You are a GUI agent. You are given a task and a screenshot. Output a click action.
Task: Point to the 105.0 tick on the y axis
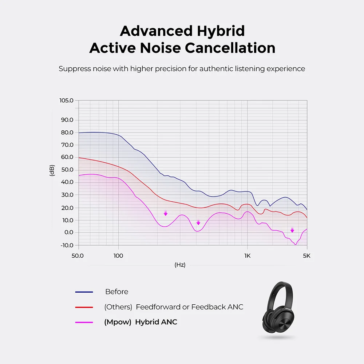67,100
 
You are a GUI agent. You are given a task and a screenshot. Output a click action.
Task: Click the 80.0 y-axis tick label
67,132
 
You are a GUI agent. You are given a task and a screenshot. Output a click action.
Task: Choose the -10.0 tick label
67,245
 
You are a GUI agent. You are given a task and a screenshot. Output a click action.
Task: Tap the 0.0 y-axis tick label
68,232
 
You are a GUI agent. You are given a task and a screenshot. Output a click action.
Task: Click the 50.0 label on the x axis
78,256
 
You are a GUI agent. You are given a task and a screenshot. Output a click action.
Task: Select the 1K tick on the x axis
247,256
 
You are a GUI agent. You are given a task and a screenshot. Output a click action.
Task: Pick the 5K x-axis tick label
307,256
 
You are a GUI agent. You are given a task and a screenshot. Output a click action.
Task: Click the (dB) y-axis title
52,171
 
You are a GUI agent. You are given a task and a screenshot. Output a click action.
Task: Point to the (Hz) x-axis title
180,265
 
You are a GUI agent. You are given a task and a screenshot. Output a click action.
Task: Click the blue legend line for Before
84,292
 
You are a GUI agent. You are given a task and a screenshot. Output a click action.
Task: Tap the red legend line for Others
84,307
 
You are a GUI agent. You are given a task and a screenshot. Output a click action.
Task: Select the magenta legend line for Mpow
84,322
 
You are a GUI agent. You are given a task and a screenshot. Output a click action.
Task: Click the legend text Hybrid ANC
156,322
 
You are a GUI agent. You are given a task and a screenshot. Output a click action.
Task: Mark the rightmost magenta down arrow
292,230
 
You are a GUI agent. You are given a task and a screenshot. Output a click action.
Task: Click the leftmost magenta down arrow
166,213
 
